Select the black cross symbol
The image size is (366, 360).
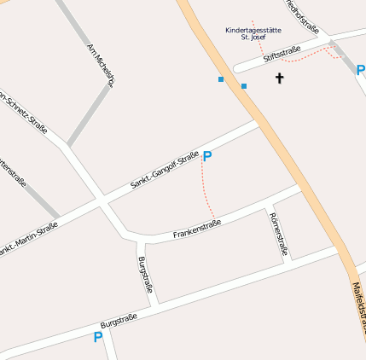pos(278,78)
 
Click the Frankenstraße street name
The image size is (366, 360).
pos(197,229)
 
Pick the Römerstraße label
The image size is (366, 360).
pos(277,235)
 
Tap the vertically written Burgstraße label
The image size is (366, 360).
pos(144,275)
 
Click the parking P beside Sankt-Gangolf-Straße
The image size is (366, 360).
pos(206,157)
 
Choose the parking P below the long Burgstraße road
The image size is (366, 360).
pos(97,338)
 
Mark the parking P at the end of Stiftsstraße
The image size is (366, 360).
pos(360,70)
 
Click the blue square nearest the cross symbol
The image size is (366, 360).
pos(244,86)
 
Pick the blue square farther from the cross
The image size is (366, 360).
pos(221,79)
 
